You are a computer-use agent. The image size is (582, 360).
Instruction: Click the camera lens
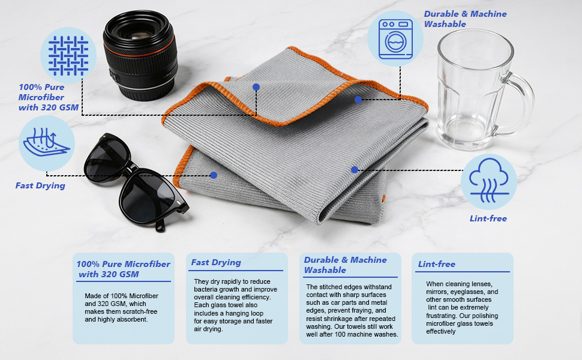140,55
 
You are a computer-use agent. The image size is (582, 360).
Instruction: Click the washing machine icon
395,39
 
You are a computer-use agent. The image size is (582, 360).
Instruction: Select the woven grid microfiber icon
68,55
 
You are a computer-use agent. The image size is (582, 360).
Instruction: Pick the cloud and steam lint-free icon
488,181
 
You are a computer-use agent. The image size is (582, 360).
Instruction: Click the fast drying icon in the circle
46,143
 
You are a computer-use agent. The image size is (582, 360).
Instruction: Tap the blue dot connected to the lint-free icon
355,170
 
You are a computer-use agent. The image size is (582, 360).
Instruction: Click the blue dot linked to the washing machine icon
358,100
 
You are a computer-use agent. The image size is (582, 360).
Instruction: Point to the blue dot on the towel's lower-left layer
214,175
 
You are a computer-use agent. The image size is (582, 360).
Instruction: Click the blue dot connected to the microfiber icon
256,87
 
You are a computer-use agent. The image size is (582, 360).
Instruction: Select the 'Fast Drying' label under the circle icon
40,185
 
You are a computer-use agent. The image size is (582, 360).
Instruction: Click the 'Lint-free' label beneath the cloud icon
488,218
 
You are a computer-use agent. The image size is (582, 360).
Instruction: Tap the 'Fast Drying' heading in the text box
216,262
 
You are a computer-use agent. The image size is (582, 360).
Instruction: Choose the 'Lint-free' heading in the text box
437,264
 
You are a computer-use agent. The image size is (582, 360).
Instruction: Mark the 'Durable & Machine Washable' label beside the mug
465,19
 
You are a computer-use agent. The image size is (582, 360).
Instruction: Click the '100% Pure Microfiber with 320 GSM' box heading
123,269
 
